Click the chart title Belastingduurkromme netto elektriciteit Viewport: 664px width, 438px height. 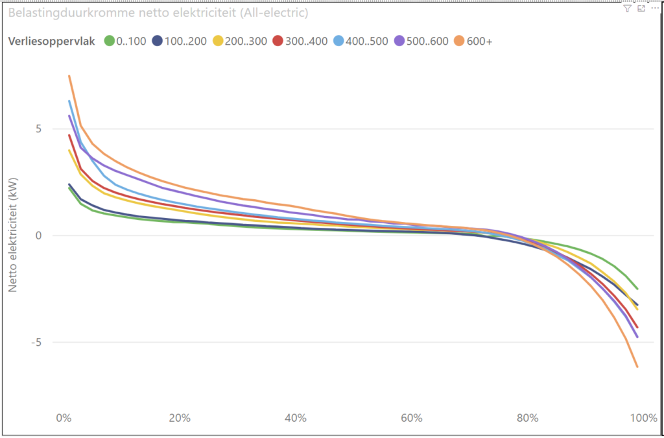point(158,13)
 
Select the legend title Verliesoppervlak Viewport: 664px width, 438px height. point(52,42)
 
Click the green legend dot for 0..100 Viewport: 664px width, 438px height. point(109,42)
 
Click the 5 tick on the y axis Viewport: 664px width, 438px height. point(38,128)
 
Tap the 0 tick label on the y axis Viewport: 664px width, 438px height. point(38,236)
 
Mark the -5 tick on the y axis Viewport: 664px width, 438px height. point(36,343)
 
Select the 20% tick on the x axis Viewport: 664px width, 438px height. point(179,418)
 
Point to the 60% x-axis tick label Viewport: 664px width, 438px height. point(412,418)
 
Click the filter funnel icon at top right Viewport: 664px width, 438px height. point(626,8)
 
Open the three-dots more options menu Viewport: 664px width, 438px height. point(654,8)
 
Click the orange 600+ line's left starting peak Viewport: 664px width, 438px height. point(69,76)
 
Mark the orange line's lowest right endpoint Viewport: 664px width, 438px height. point(637,367)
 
